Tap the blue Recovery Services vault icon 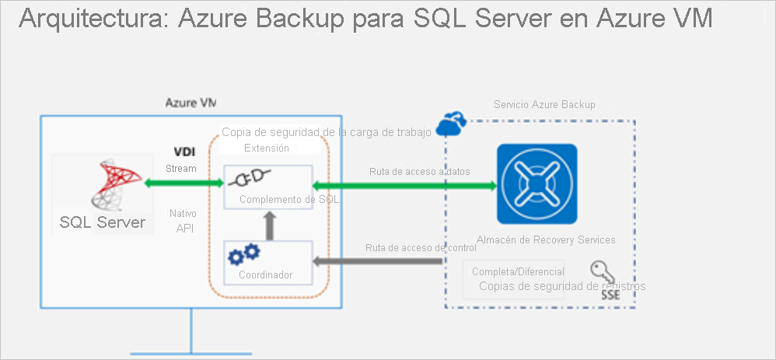pyautogui.click(x=537, y=184)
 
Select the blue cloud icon pyautogui.click(x=451, y=122)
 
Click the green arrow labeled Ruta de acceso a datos pyautogui.click(x=404, y=186)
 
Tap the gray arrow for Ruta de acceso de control pyautogui.click(x=377, y=262)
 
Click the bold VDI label pyautogui.click(x=184, y=152)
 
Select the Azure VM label pyautogui.click(x=191, y=103)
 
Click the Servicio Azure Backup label pyautogui.click(x=544, y=104)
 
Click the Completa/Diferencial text pyautogui.click(x=518, y=272)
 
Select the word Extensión pyautogui.click(x=266, y=148)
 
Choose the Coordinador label pyautogui.click(x=266, y=275)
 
